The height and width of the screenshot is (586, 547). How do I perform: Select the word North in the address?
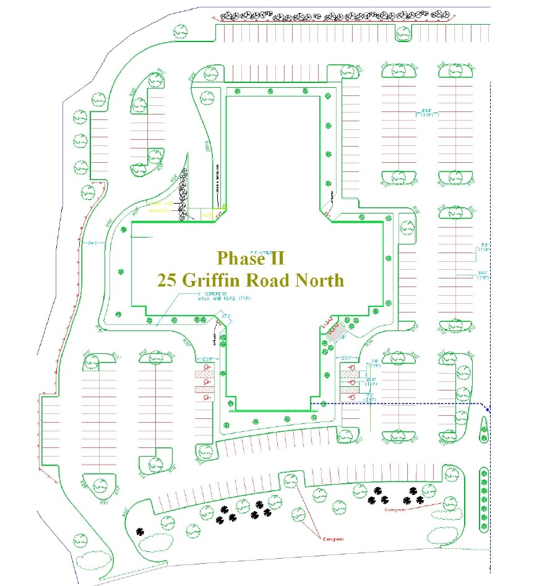tap(318, 280)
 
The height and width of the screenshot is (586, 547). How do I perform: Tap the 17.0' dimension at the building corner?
tap(226, 317)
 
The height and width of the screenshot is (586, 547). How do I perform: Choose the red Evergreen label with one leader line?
tap(394, 510)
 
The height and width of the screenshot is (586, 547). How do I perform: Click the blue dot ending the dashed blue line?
tap(488, 409)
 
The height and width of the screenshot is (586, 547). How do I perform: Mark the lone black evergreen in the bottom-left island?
tap(141, 530)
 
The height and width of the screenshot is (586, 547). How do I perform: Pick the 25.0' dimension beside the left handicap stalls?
tap(207, 358)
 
